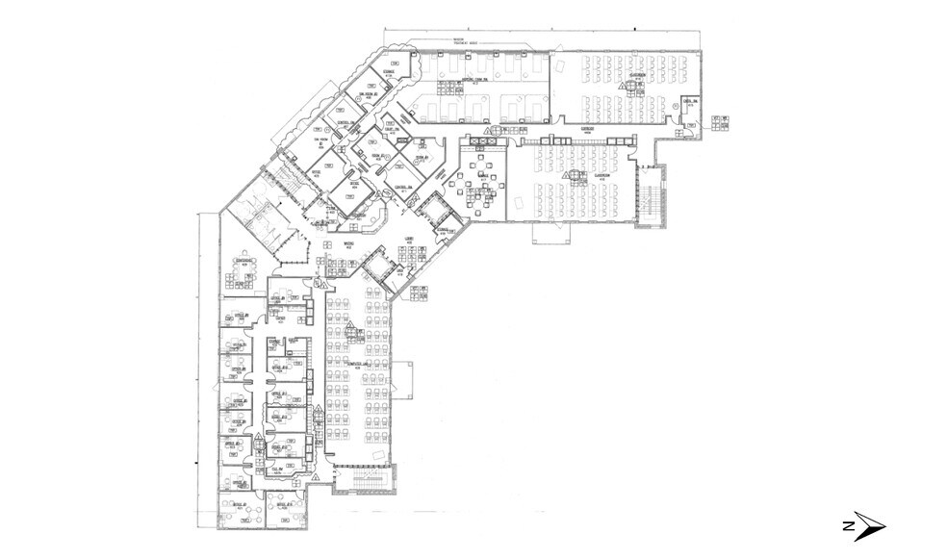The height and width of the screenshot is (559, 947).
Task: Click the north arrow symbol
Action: (x=870, y=526)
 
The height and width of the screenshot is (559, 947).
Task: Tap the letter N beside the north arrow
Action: (x=847, y=526)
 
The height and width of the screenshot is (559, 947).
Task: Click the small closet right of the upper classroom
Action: (x=689, y=107)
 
